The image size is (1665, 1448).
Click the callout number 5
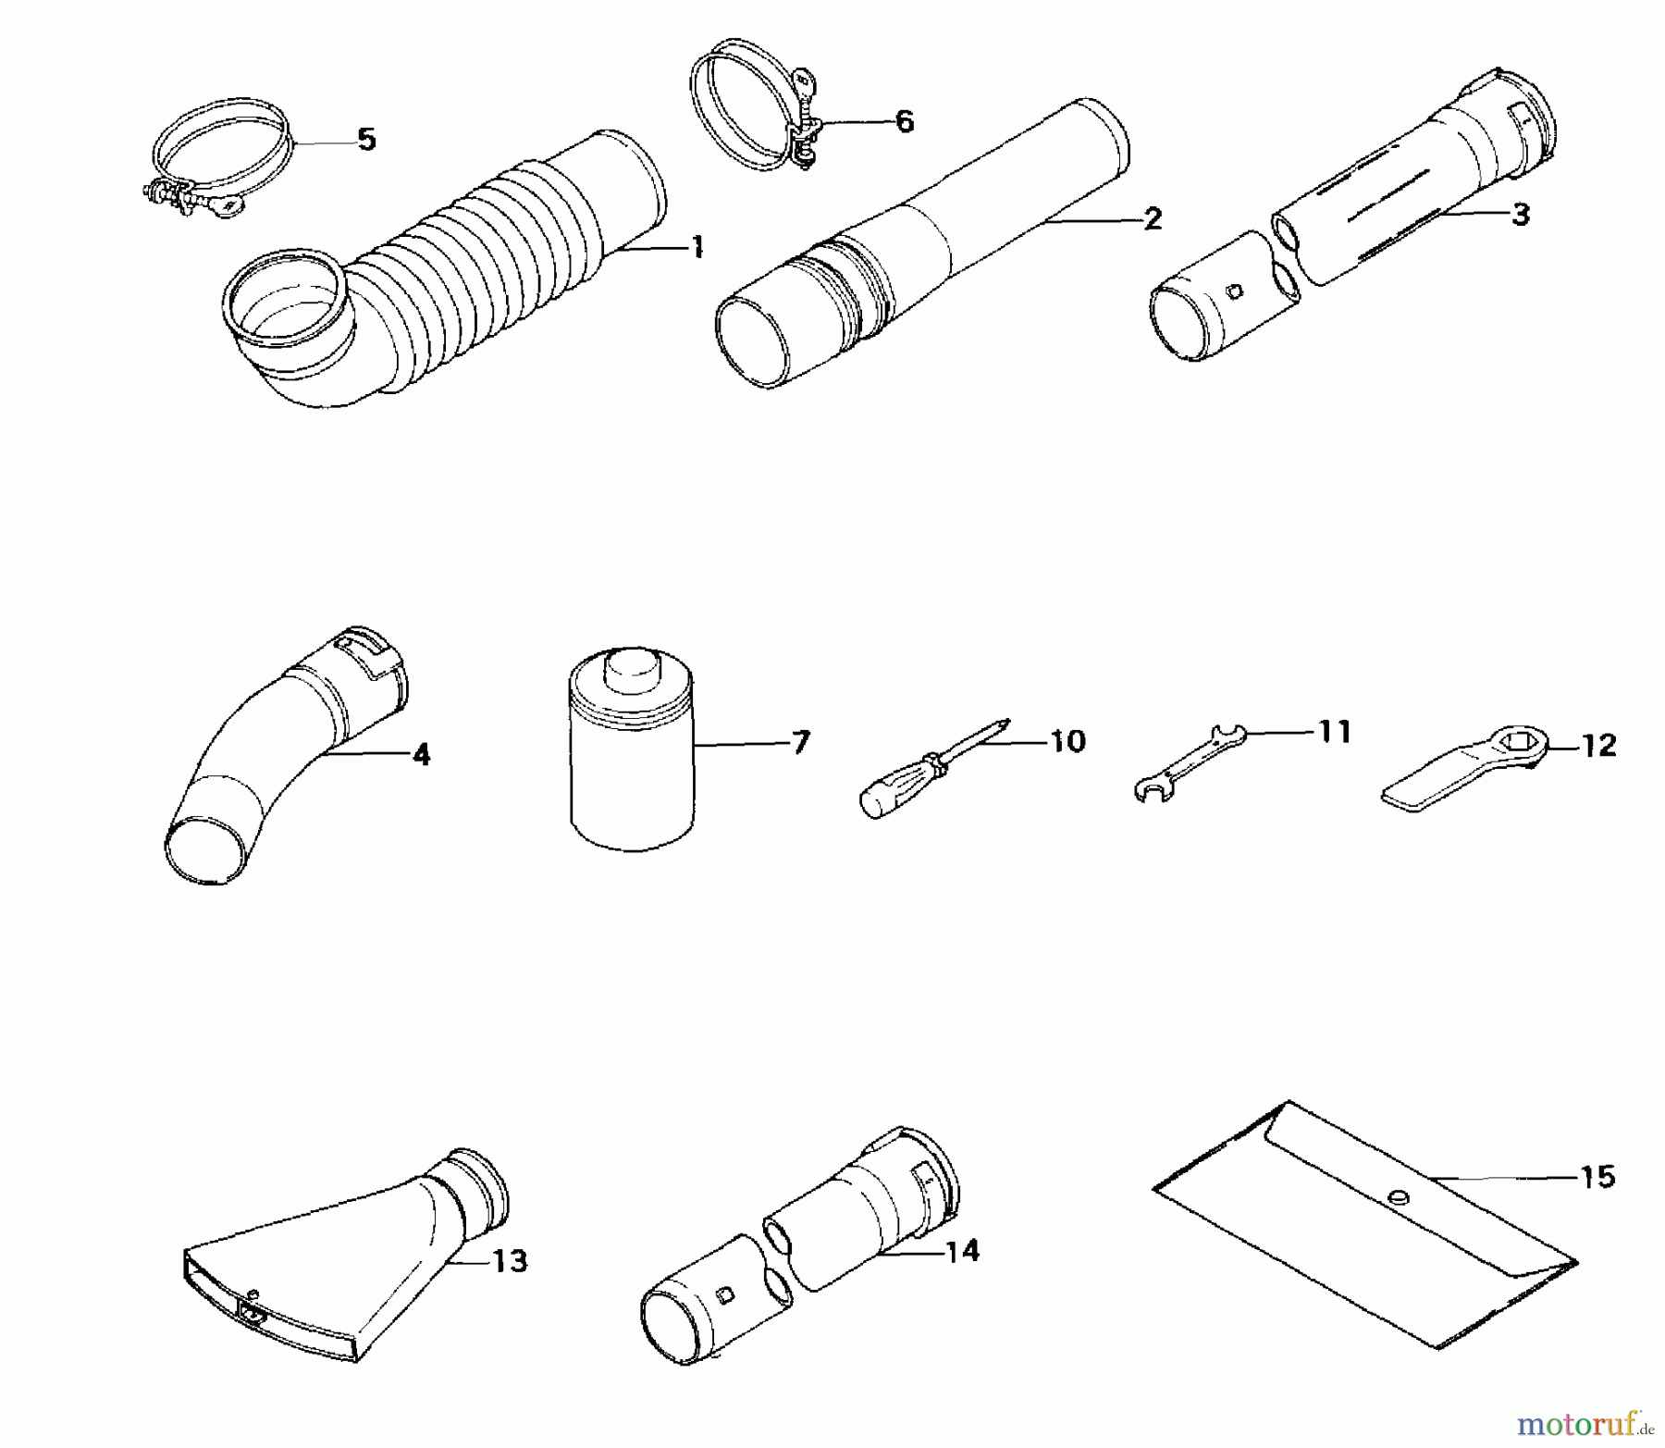click(x=366, y=141)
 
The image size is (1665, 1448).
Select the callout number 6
click(x=904, y=121)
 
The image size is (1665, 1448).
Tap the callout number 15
click(x=1598, y=1177)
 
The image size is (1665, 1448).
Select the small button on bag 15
click(x=1398, y=1196)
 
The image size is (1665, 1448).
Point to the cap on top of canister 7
click(x=632, y=666)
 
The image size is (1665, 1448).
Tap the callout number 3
click(x=1521, y=215)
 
